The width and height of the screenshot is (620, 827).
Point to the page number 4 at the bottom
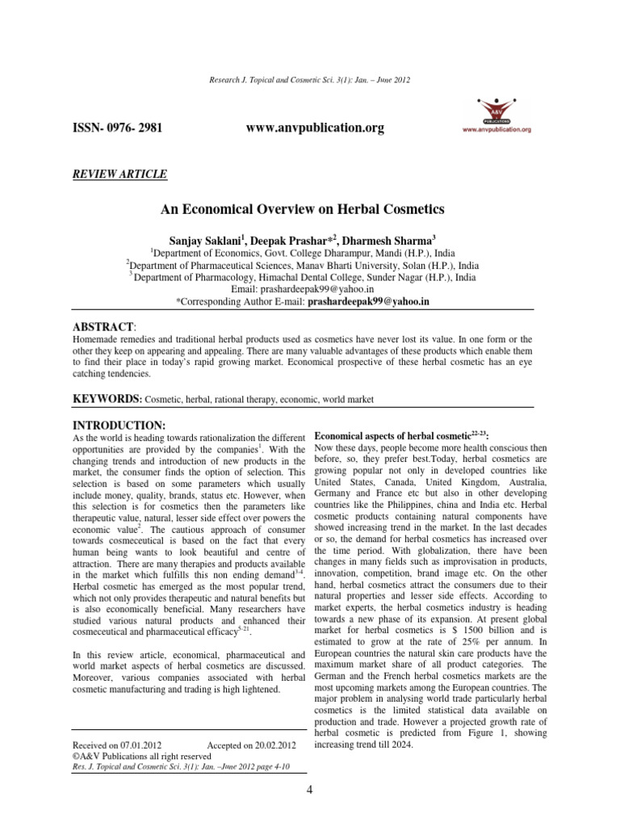pos(310,788)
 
